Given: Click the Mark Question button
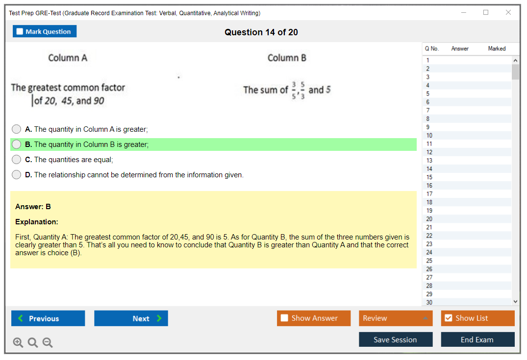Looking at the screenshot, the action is (45, 31).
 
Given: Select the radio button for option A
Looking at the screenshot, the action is (17, 129).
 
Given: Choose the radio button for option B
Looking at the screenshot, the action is (17, 144).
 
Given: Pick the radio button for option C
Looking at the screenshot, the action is (17, 160).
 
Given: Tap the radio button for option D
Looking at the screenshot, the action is (17, 175).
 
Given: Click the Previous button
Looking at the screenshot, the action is (48, 318).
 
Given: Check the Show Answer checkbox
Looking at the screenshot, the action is (284, 318).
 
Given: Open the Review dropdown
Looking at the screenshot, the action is (396, 318).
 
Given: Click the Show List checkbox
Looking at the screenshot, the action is (449, 318).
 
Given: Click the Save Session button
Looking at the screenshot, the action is (396, 339).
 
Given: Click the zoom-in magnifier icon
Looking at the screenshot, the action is (18, 342).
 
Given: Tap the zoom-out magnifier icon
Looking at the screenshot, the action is (48, 342).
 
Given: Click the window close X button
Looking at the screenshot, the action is (508, 12).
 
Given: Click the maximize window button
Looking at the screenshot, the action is (486, 12).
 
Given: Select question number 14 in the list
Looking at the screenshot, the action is (429, 169).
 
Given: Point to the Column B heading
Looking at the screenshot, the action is (287, 58).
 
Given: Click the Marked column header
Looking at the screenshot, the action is (497, 48).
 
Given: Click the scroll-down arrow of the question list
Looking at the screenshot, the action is (516, 302).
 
